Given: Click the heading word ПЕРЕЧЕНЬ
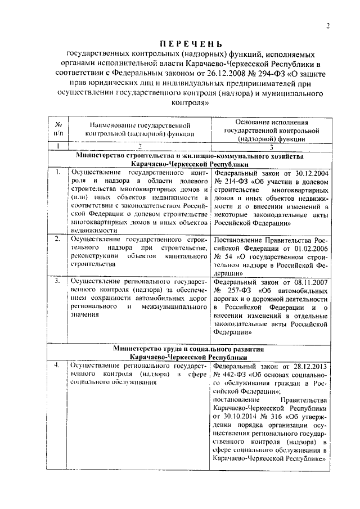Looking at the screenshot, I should click(x=190, y=44).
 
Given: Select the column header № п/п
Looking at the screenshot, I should click(x=57, y=128).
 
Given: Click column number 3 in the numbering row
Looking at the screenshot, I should click(x=272, y=146).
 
